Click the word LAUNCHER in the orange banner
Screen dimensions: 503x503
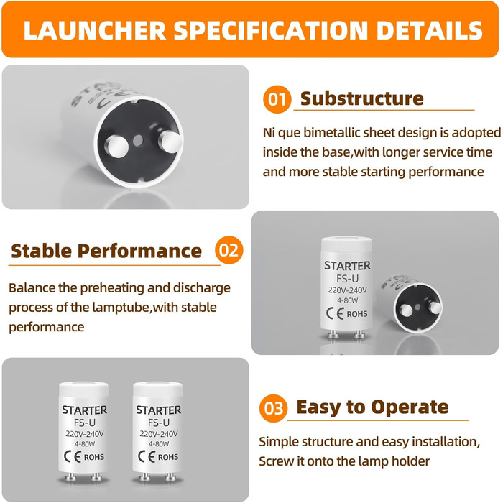coord(95,30)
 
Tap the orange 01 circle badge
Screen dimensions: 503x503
coord(277,99)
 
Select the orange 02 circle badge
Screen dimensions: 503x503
coord(229,250)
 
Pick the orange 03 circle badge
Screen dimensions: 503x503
coord(273,408)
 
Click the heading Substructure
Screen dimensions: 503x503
coord(362,98)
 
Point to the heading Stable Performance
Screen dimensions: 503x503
coord(106,251)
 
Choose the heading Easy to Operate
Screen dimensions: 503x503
coord(372,407)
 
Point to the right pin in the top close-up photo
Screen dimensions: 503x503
coord(170,142)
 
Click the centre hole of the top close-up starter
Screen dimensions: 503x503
coord(138,140)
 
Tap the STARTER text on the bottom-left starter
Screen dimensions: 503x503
coord(85,410)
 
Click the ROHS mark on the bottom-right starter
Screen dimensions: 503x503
coord(168,457)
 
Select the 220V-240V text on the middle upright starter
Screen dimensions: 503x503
coord(347,290)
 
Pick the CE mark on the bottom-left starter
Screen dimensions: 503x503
coord(73,456)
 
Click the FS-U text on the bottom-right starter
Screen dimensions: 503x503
coord(159,423)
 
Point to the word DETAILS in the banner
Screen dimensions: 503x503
coord(429,30)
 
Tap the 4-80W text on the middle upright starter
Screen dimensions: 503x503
coord(347,300)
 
